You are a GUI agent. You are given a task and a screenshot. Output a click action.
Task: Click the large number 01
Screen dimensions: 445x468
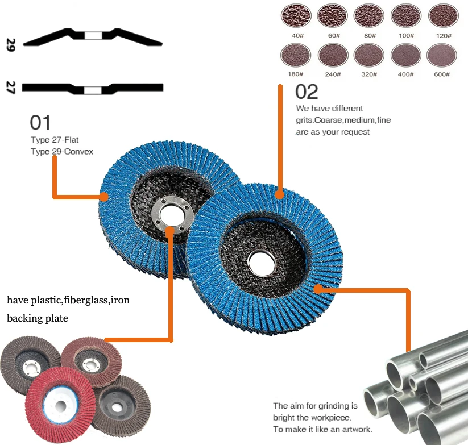click(x=40, y=122)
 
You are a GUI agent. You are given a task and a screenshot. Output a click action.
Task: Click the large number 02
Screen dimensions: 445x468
click(x=307, y=92)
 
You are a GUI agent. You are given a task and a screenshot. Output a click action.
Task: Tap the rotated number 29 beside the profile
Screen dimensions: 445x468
click(x=10, y=45)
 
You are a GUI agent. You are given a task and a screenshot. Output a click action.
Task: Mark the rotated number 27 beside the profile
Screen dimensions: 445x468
click(x=10, y=88)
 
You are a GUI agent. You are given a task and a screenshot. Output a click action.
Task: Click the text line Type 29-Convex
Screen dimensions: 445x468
click(x=61, y=152)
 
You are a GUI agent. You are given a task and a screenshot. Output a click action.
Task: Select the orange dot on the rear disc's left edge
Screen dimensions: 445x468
click(x=104, y=197)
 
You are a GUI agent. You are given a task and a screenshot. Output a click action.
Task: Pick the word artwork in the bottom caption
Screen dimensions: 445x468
click(x=354, y=429)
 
